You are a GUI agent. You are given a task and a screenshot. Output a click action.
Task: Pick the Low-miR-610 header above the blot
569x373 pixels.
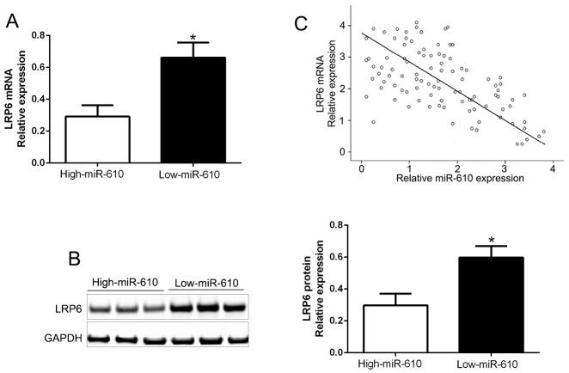[207, 283]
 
